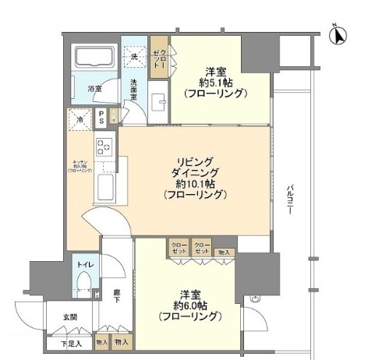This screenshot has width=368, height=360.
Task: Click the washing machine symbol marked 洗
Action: click(x=135, y=56)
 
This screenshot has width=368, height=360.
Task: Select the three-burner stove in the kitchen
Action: click(x=104, y=145)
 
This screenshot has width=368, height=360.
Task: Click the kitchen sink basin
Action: click(x=104, y=186)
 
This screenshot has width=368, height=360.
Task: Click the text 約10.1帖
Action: click(x=196, y=185)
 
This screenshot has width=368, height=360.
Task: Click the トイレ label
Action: click(x=85, y=266)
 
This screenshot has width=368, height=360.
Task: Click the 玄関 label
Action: click(x=69, y=316)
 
